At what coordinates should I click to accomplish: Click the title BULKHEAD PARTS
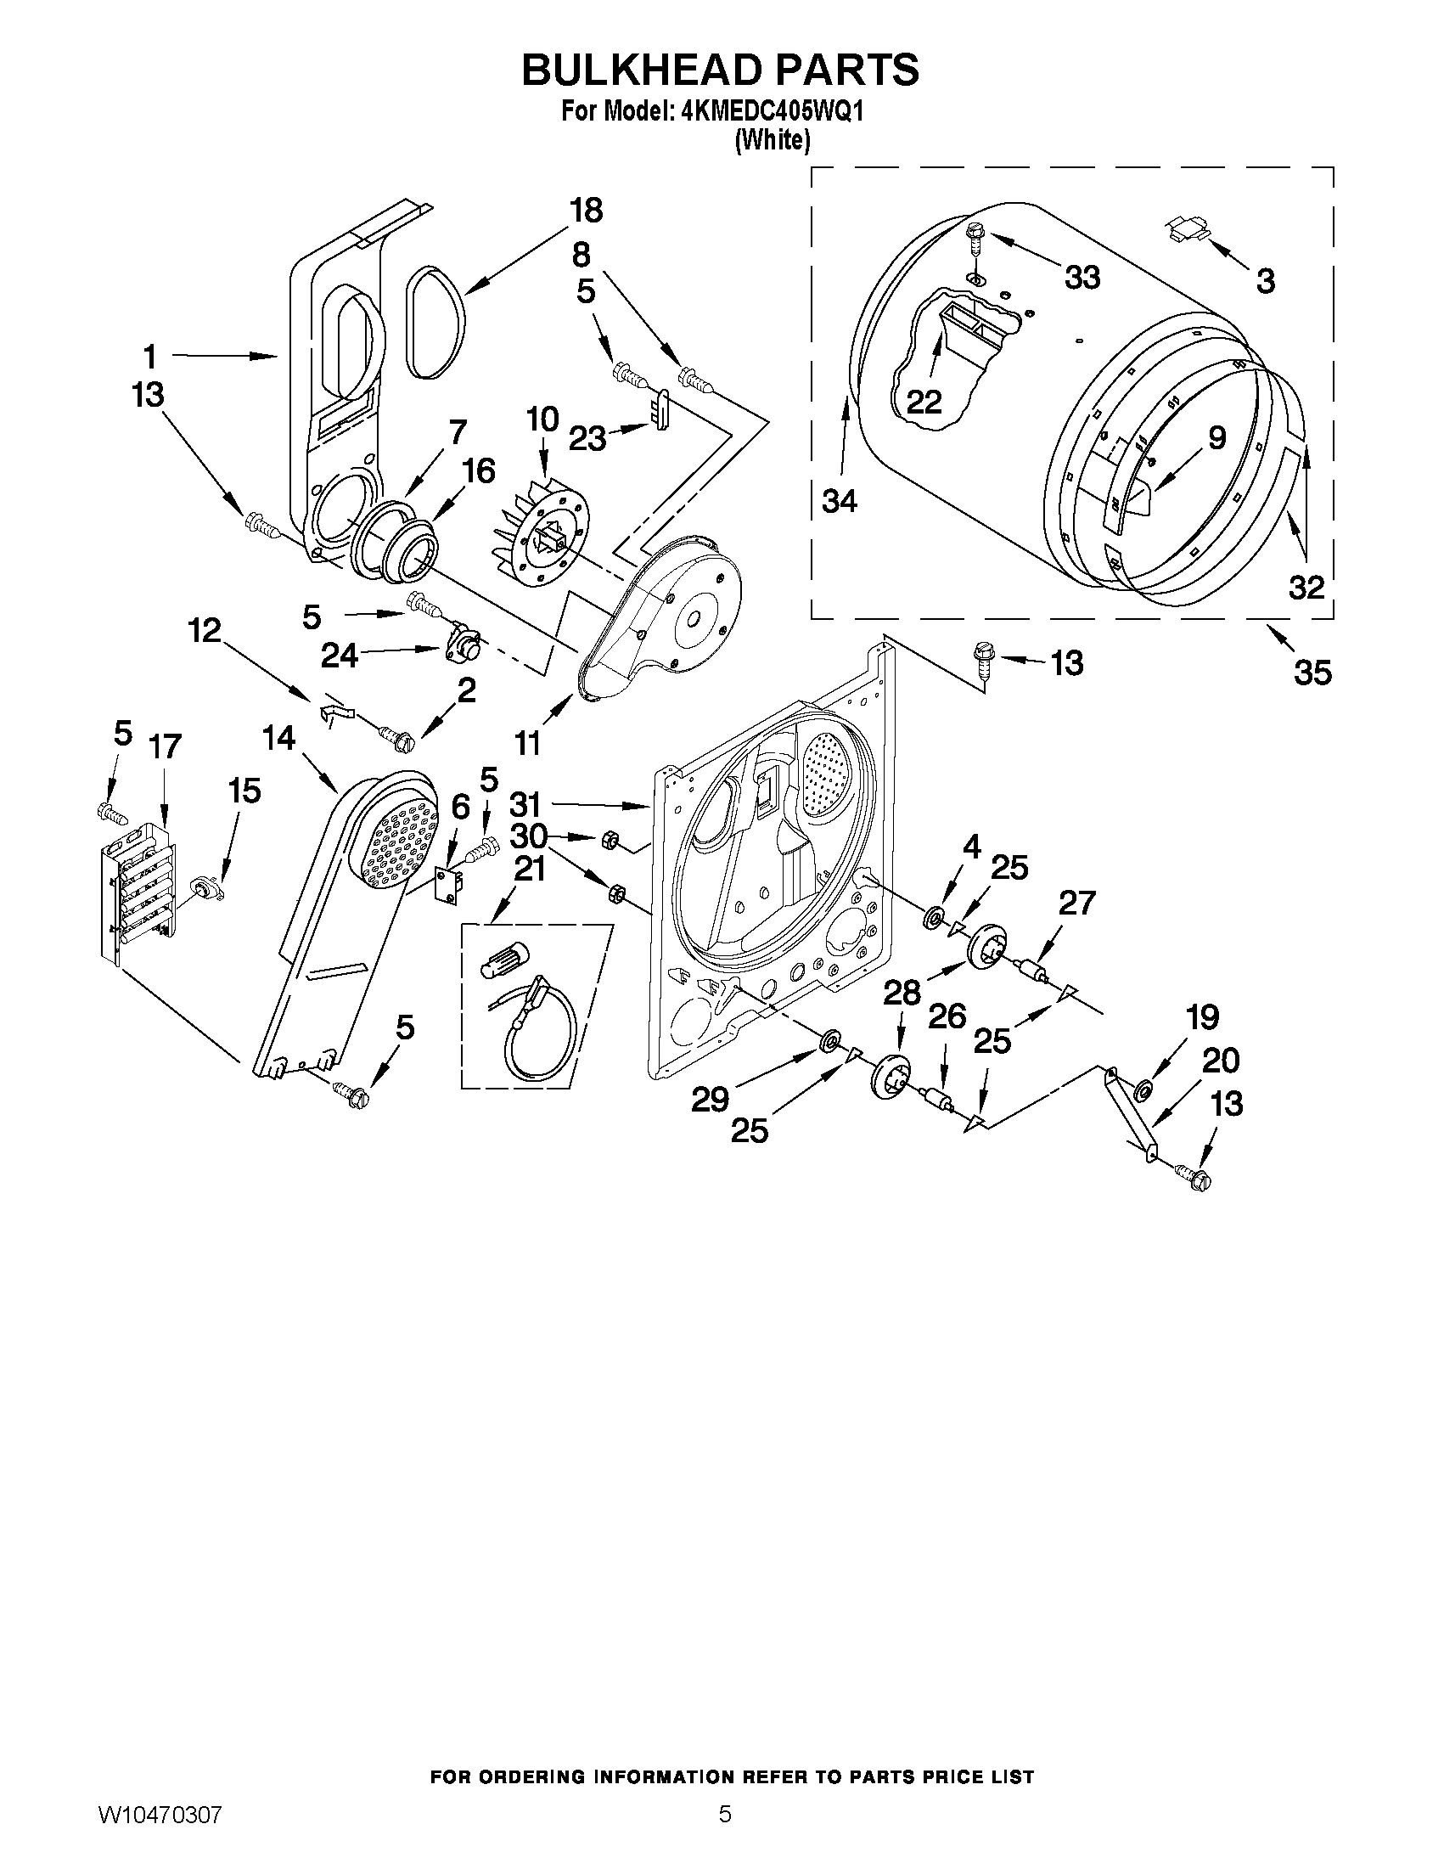720,70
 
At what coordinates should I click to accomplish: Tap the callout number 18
586,211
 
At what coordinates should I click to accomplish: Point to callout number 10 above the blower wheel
542,419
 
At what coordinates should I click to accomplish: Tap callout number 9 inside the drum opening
1216,437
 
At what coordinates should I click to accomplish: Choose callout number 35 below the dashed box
1312,673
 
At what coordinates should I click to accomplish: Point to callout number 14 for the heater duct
279,738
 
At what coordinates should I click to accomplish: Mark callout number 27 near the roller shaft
1076,903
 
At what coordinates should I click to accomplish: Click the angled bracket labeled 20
1129,1112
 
